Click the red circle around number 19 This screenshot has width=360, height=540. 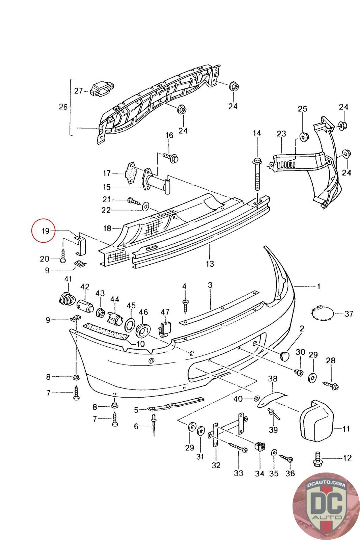(x=43, y=231)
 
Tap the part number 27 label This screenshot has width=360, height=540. (x=79, y=91)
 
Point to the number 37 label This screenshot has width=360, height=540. (x=349, y=314)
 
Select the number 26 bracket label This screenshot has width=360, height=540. (x=63, y=107)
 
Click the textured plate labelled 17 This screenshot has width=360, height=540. (x=130, y=174)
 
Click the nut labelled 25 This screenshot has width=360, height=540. (x=303, y=137)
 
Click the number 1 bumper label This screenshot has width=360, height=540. (x=318, y=287)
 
